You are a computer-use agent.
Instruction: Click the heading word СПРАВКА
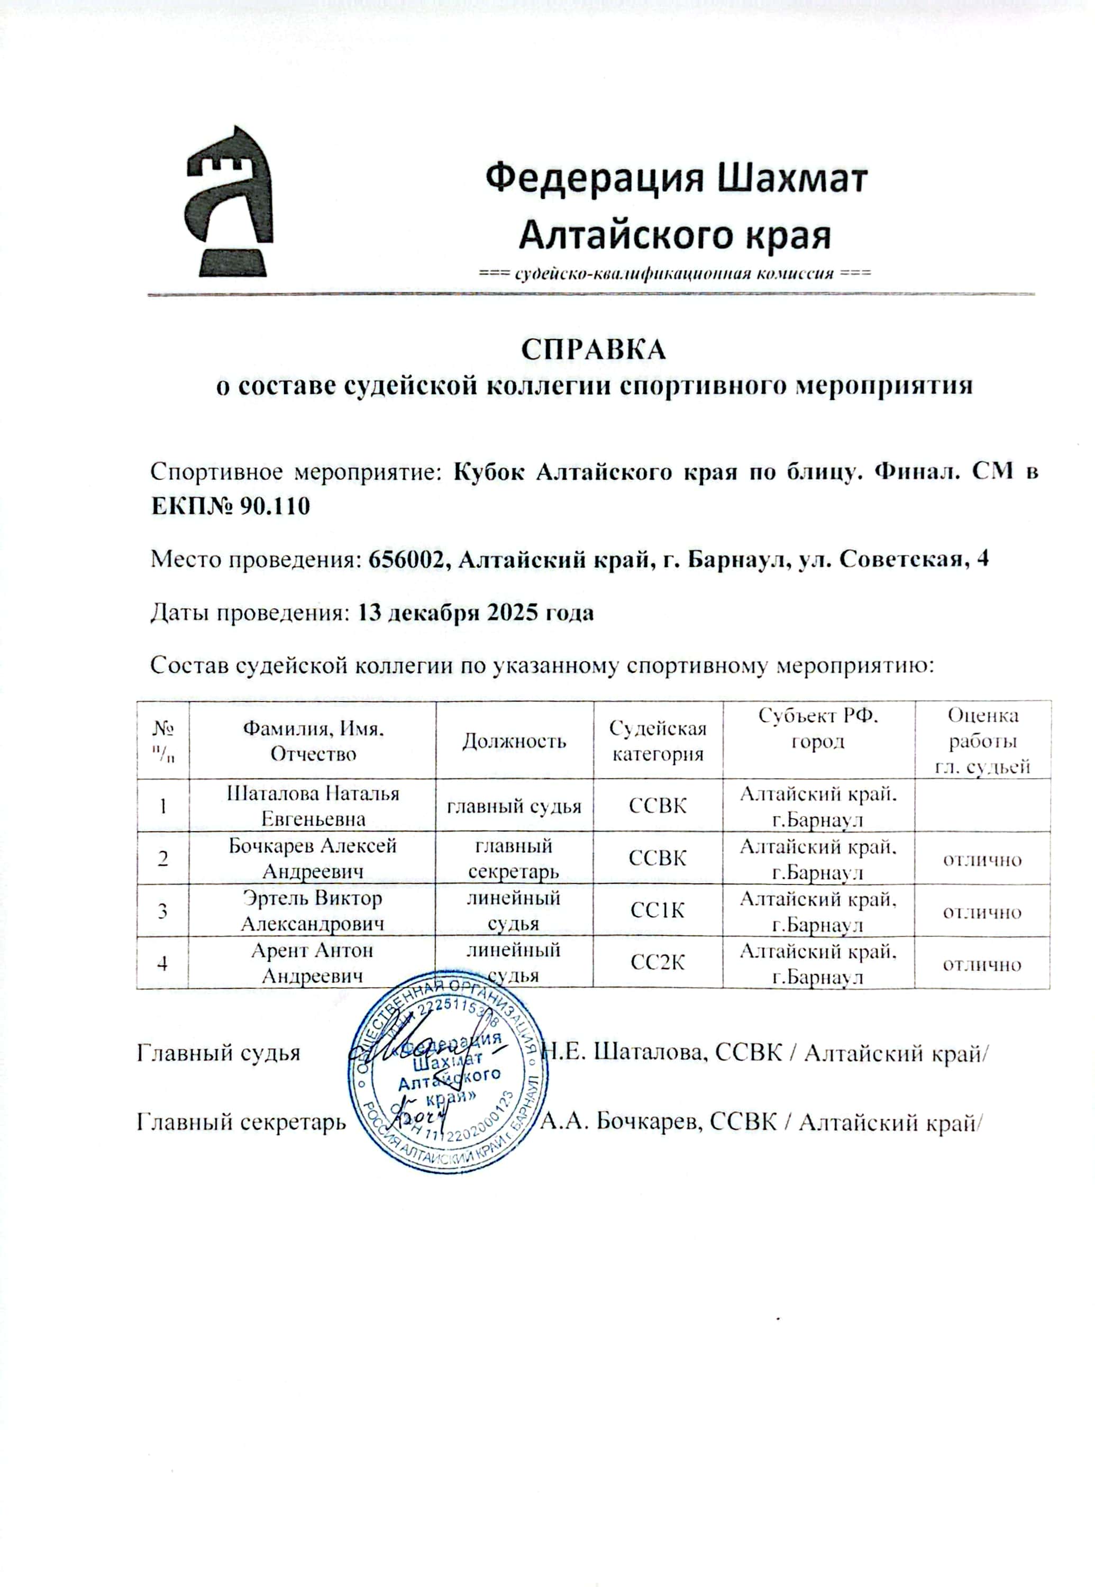[x=594, y=350]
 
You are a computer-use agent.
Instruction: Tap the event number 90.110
[x=275, y=507]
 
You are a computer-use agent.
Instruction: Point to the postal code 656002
[x=409, y=560]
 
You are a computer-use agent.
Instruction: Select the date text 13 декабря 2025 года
[x=476, y=612]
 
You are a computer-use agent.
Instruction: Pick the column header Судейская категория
[x=658, y=741]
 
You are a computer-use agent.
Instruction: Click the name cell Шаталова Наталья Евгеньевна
[x=313, y=806]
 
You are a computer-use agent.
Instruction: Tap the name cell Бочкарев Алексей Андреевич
[x=313, y=859]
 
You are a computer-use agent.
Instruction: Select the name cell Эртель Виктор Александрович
[x=313, y=910]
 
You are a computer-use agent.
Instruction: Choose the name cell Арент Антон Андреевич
[x=313, y=963]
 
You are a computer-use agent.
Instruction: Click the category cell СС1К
[x=658, y=911]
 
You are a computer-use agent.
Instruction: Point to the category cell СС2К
[x=658, y=963]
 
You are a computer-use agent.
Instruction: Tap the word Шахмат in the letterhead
[x=792, y=178]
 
